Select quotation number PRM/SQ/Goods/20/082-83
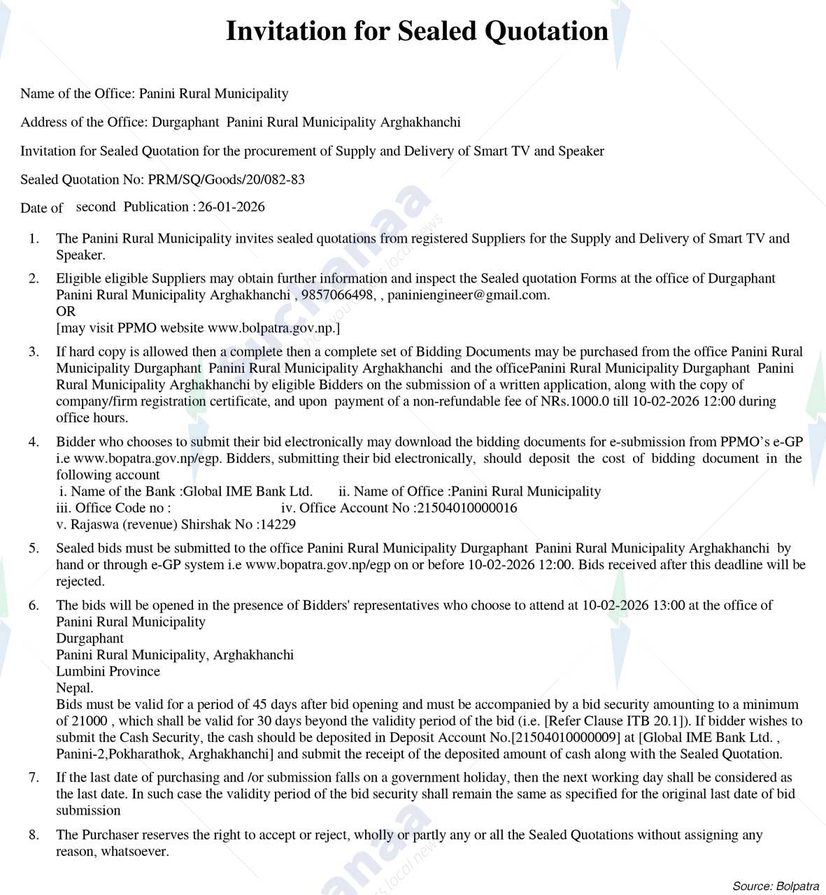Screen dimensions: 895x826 (226, 180)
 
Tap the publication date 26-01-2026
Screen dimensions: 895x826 (232, 207)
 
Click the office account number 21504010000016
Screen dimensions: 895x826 (467, 508)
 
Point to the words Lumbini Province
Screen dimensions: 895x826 (108, 671)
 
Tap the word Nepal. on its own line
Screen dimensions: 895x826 (75, 688)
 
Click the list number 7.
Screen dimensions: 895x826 (34, 778)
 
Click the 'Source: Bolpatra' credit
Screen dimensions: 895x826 (775, 886)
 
